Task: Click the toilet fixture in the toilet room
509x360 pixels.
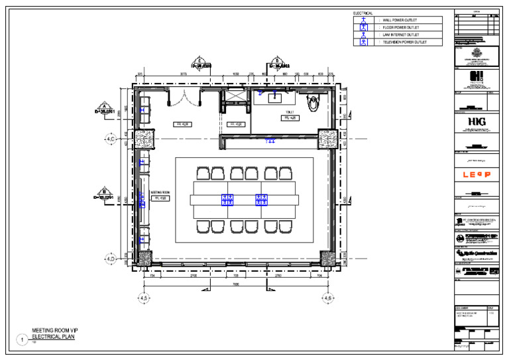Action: coord(313,102)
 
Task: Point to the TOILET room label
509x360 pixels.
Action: coord(289,113)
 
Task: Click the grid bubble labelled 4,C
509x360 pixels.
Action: coord(110,139)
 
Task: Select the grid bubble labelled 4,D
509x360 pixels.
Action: coord(110,258)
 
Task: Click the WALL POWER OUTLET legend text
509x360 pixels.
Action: coord(402,21)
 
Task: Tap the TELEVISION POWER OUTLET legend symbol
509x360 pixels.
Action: coord(363,42)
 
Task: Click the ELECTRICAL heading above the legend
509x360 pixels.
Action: coord(363,13)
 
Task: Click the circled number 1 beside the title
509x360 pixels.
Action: coord(21,339)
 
